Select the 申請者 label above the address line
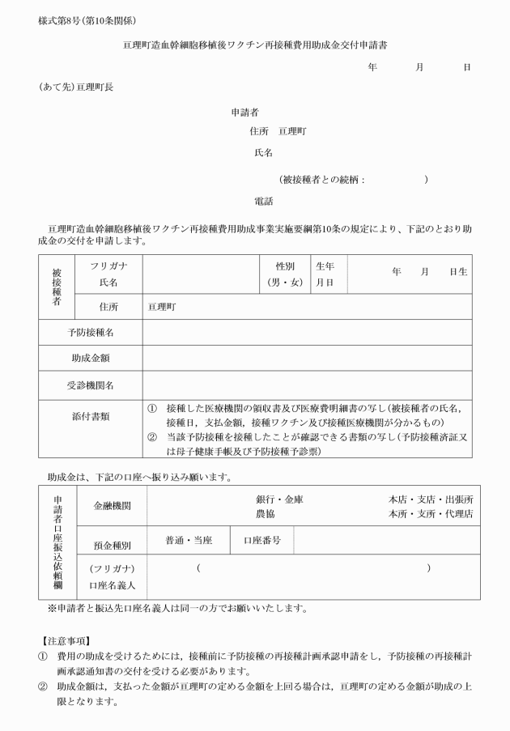click(x=244, y=111)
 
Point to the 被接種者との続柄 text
click(x=322, y=180)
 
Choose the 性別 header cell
click(x=284, y=266)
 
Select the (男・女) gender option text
click(x=285, y=283)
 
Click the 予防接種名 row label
click(x=90, y=332)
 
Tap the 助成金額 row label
click(x=90, y=357)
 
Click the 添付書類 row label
click(x=90, y=416)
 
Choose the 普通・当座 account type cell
click(x=189, y=540)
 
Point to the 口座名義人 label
click(x=113, y=584)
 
